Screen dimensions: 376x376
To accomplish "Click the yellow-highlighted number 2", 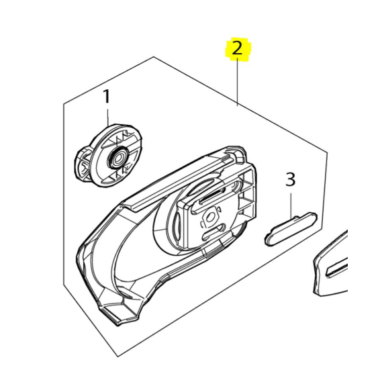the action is coord(237,50).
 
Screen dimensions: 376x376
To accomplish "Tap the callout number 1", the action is coord(107,97).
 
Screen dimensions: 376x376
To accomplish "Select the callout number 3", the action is coord(290,180).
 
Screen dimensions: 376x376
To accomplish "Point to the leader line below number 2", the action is coord(238,82).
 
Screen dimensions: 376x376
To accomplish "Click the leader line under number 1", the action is coord(107,117).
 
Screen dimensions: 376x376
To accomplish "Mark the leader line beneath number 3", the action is coord(291,205).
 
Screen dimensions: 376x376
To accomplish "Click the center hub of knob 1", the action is coord(118,158).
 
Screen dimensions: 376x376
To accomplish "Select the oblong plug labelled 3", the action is coord(291,228).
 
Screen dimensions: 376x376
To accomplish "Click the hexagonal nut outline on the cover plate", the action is coord(210,218).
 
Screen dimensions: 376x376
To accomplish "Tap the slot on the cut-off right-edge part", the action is coord(338,270).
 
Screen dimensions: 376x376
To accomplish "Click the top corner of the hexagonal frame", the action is coord(154,57).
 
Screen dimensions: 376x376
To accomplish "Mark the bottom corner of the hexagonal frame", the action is coord(117,357).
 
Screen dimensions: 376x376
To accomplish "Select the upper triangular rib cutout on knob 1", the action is coord(121,138).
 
